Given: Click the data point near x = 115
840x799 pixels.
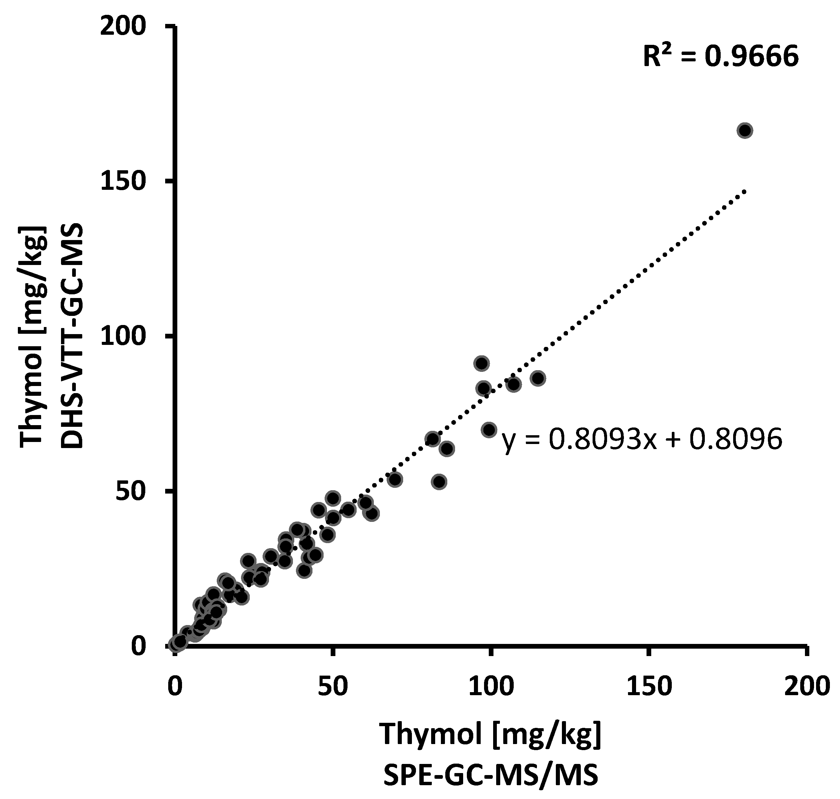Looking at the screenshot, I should tap(538, 378).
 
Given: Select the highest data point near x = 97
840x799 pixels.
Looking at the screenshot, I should tap(482, 363).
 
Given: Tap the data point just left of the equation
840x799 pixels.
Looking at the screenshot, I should tap(489, 430).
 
